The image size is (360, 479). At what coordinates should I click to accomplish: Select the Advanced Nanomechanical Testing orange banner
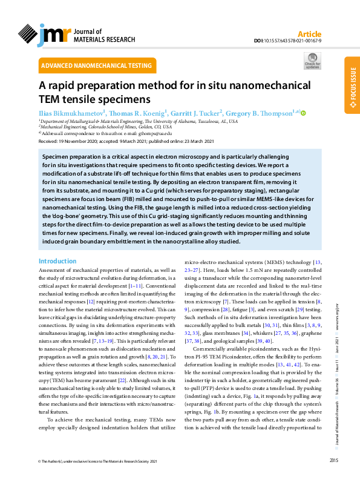pyautogui.click(x=96, y=65)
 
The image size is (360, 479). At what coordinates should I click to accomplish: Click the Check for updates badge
pyautogui.click(x=313, y=61)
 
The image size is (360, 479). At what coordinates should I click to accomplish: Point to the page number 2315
pyautogui.click(x=334, y=461)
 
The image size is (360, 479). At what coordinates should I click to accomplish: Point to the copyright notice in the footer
pyautogui.click(x=100, y=461)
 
